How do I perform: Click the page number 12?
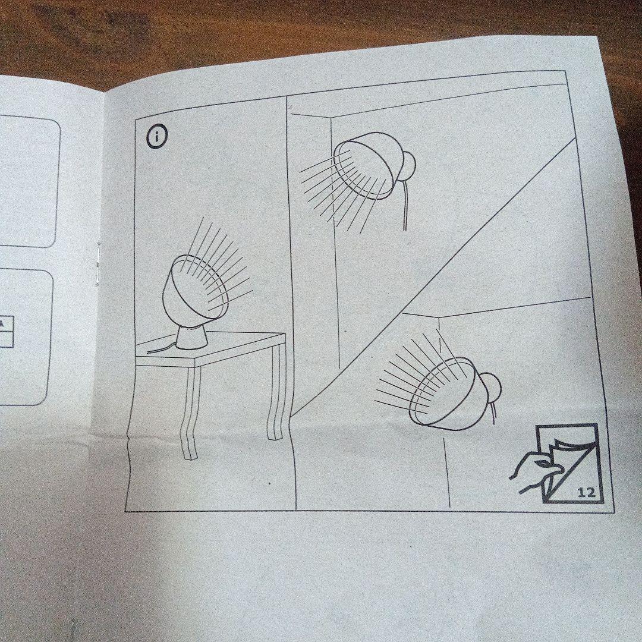(586, 492)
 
